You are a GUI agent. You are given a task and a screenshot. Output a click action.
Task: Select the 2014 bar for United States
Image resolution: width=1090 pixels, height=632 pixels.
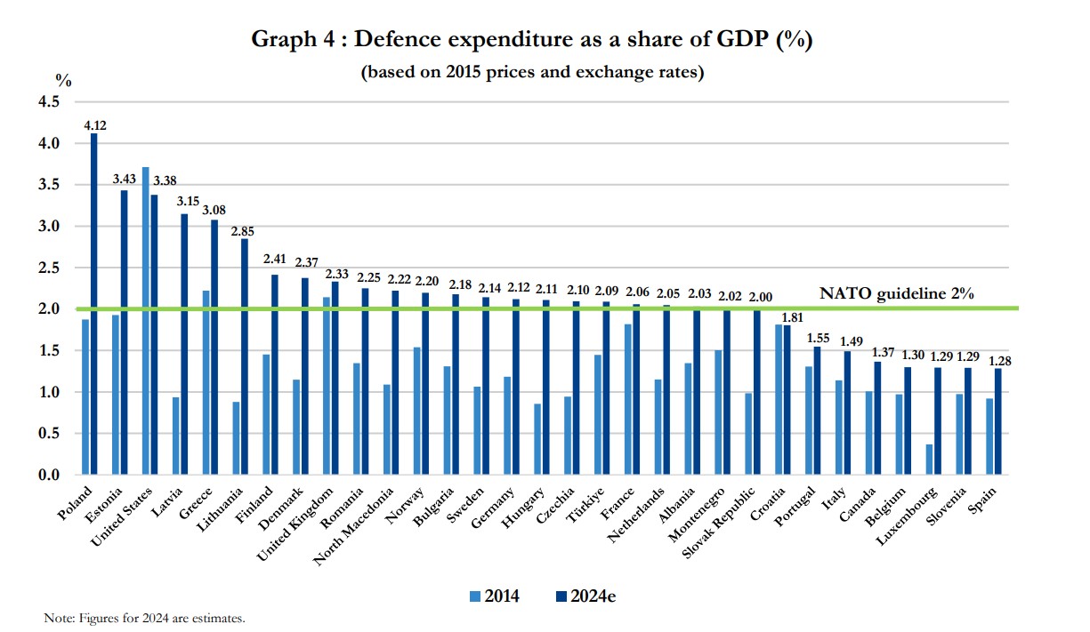click(x=145, y=321)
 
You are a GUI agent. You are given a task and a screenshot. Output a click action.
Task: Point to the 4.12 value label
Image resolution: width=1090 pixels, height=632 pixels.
click(x=95, y=125)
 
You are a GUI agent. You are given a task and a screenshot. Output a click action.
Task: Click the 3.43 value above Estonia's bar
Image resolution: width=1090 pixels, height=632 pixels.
click(x=124, y=179)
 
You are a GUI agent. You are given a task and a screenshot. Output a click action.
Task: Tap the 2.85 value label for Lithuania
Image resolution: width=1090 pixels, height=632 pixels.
click(x=244, y=230)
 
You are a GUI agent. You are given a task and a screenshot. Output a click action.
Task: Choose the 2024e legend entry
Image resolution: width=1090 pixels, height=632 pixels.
click(x=584, y=596)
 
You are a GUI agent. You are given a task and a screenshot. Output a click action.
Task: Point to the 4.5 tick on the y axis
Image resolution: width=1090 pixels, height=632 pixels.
click(x=47, y=102)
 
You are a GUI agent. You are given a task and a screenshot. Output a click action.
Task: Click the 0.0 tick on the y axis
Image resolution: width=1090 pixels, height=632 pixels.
click(x=47, y=476)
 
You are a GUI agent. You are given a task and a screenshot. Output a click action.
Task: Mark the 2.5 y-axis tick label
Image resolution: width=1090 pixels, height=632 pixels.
click(x=47, y=268)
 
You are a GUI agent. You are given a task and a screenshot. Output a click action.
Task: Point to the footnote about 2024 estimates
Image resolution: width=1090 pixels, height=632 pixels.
click(x=143, y=617)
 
